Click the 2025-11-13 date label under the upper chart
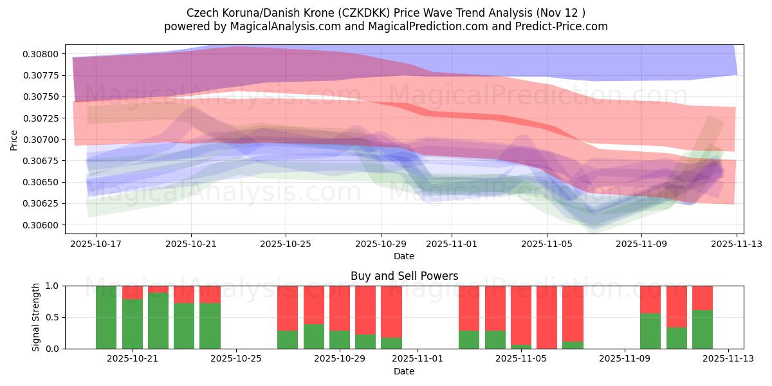click(737, 244)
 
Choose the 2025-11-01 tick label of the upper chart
click(452, 244)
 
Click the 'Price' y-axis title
click(14, 140)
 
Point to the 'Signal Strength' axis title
click(36, 317)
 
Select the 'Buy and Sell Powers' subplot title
click(404, 276)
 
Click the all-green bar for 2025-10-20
click(106, 317)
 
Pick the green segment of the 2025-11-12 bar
click(703, 329)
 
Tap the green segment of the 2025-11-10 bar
click(650, 331)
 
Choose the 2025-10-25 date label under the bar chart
click(236, 359)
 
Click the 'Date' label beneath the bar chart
click(404, 371)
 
